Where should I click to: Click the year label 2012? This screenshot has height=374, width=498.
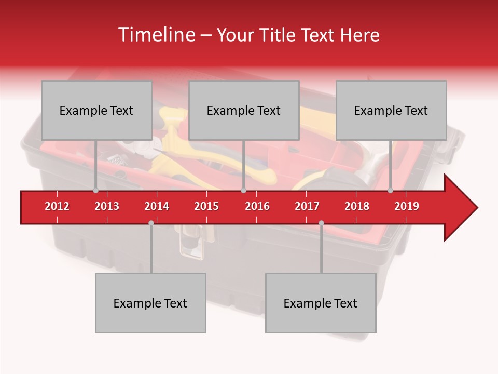(57, 206)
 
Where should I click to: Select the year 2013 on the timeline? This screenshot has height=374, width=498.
(107, 206)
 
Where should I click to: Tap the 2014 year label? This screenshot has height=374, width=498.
(157, 206)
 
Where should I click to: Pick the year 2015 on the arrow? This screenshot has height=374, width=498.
(206, 206)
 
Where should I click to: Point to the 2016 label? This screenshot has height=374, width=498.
(257, 206)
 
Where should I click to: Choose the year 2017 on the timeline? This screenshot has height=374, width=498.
(307, 206)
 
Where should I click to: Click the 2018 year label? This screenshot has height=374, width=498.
(357, 206)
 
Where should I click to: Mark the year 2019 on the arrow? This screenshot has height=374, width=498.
(407, 206)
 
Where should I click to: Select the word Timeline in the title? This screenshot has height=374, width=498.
(156, 35)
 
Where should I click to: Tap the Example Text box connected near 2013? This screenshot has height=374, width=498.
(96, 110)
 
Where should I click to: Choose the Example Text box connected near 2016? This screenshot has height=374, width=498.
(244, 110)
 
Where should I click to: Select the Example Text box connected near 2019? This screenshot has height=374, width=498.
(391, 110)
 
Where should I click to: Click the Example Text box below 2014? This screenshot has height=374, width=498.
(150, 303)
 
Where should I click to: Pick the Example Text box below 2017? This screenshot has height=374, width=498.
(321, 303)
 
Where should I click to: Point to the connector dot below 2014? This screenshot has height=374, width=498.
(151, 223)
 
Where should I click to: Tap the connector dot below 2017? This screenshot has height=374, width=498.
(321, 223)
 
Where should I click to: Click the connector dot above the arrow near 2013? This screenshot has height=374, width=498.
(95, 191)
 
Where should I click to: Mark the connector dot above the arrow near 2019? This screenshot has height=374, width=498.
(390, 191)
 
